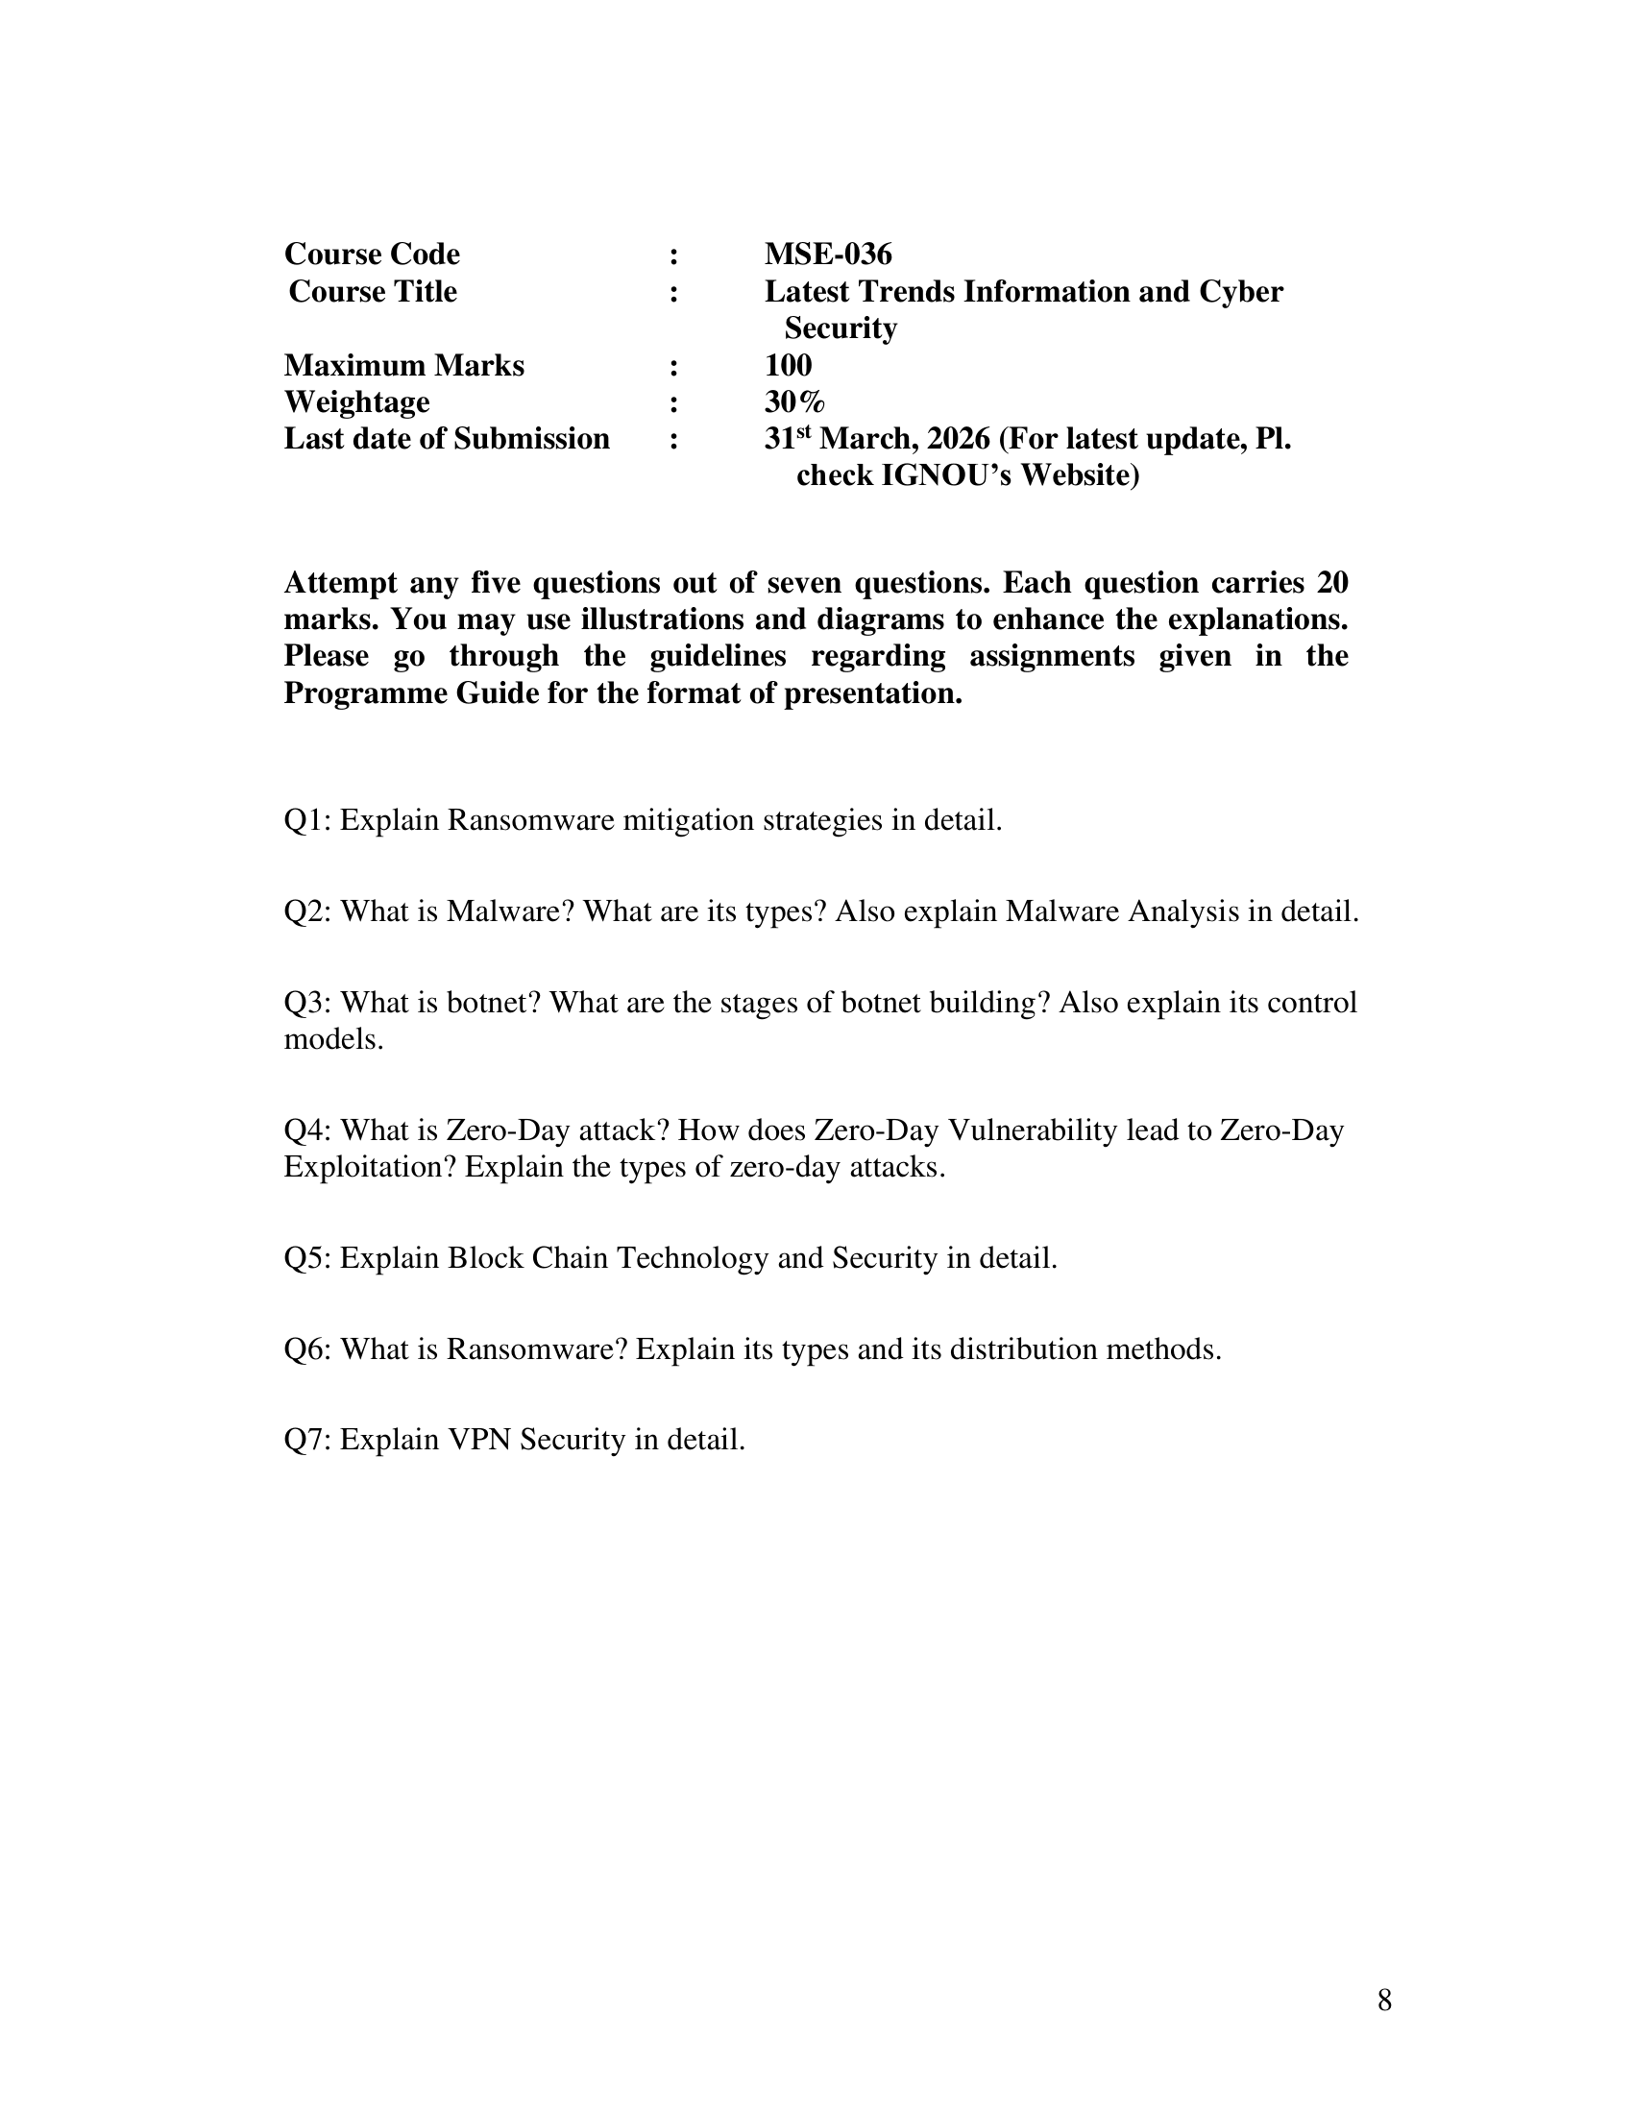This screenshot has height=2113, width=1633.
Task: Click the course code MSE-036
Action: pyautogui.click(x=827, y=255)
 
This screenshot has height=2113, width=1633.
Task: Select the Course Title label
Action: pyautogui.click(x=373, y=291)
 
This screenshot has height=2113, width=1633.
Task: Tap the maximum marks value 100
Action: pyautogui.click(x=788, y=366)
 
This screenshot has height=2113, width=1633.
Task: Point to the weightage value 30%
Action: pyautogui.click(x=794, y=402)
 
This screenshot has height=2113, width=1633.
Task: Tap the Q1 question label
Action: pyautogui.click(x=307, y=820)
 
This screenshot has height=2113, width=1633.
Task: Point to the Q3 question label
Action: pyautogui.click(x=307, y=1003)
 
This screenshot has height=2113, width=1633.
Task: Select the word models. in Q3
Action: pyautogui.click(x=333, y=1040)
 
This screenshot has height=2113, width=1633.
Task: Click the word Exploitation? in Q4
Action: pyautogui.click(x=370, y=1168)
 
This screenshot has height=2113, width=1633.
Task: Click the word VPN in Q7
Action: pyautogui.click(x=479, y=1441)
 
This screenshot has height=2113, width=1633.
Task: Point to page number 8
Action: pyautogui.click(x=1384, y=2001)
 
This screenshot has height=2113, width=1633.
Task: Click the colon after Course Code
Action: pyautogui.click(x=673, y=256)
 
